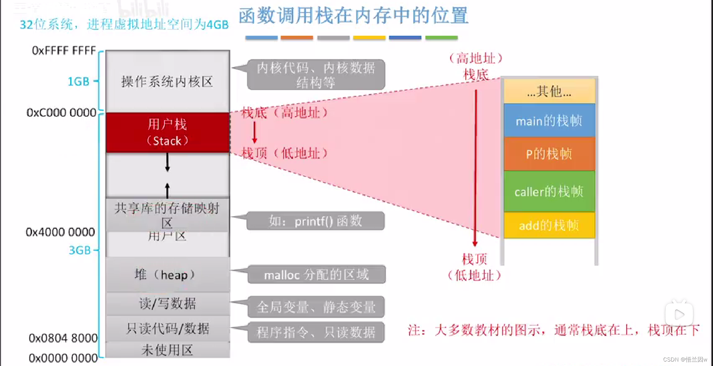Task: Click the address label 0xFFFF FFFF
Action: point(64,51)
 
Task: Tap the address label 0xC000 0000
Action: point(61,112)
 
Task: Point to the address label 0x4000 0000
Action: point(60,232)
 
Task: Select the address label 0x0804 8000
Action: point(63,338)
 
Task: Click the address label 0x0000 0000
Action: point(63,358)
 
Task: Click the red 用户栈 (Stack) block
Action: point(167,133)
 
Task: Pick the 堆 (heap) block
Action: point(167,275)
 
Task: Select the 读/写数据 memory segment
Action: point(167,304)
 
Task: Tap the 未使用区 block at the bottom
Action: point(167,350)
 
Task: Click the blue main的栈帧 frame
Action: point(549,120)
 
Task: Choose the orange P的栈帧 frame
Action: point(549,153)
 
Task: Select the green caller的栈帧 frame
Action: point(549,191)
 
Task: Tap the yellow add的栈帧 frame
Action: point(549,225)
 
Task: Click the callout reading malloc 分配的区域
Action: point(316,275)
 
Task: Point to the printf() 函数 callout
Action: point(316,221)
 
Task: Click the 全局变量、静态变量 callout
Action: point(316,307)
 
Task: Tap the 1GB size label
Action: point(78,81)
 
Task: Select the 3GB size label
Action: point(80,250)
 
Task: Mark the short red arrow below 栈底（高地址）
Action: point(254,132)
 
